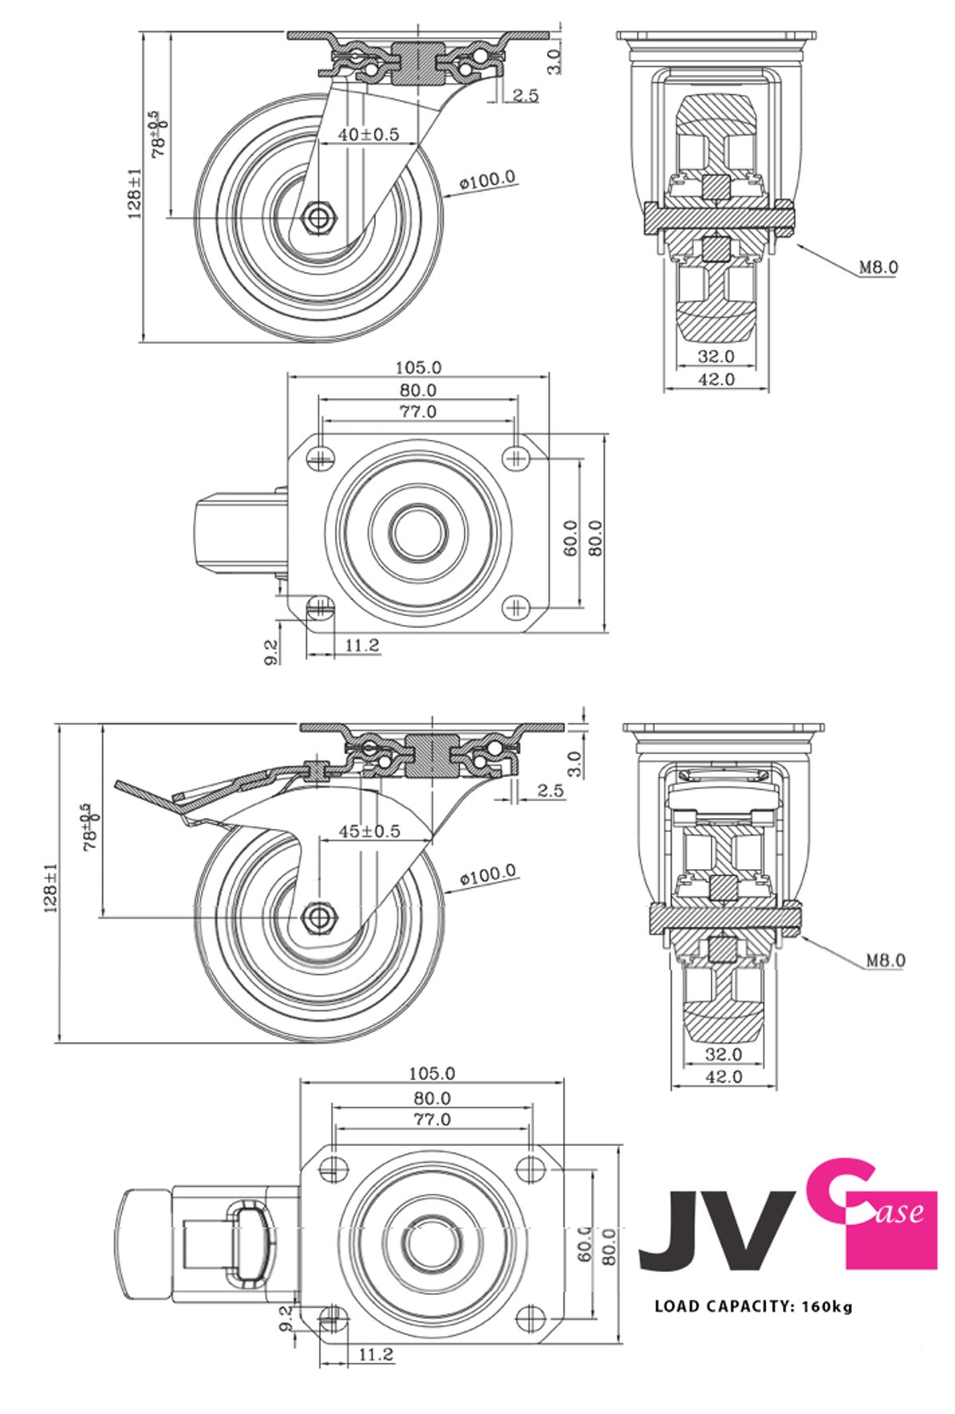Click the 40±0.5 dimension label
(x=368, y=134)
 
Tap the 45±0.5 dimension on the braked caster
(x=369, y=831)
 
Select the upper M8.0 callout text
(x=878, y=267)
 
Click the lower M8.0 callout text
(x=886, y=961)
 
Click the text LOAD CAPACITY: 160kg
(x=753, y=1306)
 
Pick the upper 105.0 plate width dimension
(x=418, y=368)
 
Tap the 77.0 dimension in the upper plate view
(x=418, y=412)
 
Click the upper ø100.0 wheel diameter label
(x=487, y=180)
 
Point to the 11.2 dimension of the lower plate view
(x=376, y=1354)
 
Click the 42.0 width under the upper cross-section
(x=716, y=380)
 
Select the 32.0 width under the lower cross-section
(x=724, y=1054)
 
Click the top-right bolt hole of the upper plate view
(x=516, y=456)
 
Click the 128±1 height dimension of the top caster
(x=135, y=192)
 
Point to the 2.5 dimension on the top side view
(x=525, y=96)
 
